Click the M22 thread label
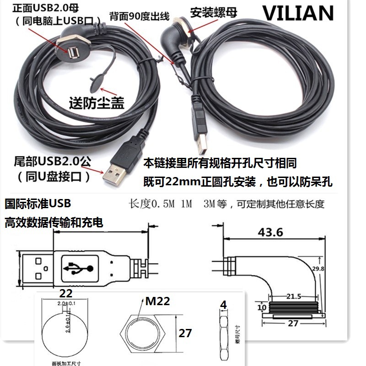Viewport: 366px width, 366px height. (x=158, y=301)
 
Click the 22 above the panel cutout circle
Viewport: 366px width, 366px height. (x=67, y=292)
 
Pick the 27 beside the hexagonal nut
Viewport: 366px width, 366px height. (x=185, y=333)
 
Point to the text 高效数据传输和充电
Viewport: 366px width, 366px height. (x=54, y=223)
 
